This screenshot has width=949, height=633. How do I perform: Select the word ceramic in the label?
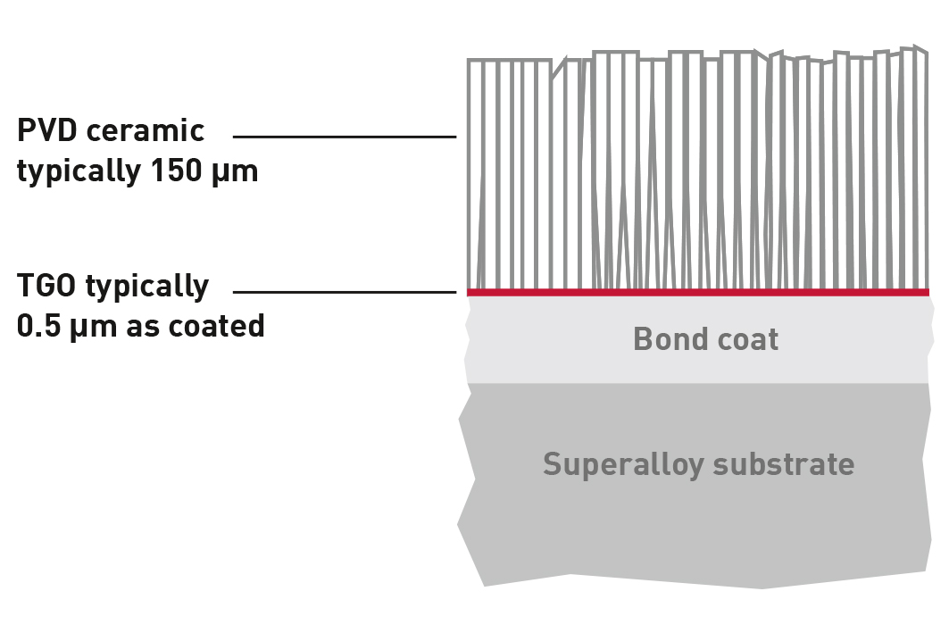click(146, 130)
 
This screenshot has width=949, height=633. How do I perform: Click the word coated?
click(216, 326)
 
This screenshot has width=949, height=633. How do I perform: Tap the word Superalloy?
click(623, 465)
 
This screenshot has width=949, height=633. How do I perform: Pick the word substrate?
click(784, 465)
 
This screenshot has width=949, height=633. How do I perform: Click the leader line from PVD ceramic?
click(345, 137)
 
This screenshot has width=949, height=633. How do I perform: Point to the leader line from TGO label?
click(345, 292)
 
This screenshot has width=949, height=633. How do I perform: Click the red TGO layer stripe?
click(698, 293)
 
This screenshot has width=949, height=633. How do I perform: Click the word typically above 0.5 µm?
click(147, 287)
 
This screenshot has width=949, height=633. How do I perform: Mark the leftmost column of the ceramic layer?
click(475, 175)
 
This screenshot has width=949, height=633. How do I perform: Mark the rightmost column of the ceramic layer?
click(920, 170)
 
